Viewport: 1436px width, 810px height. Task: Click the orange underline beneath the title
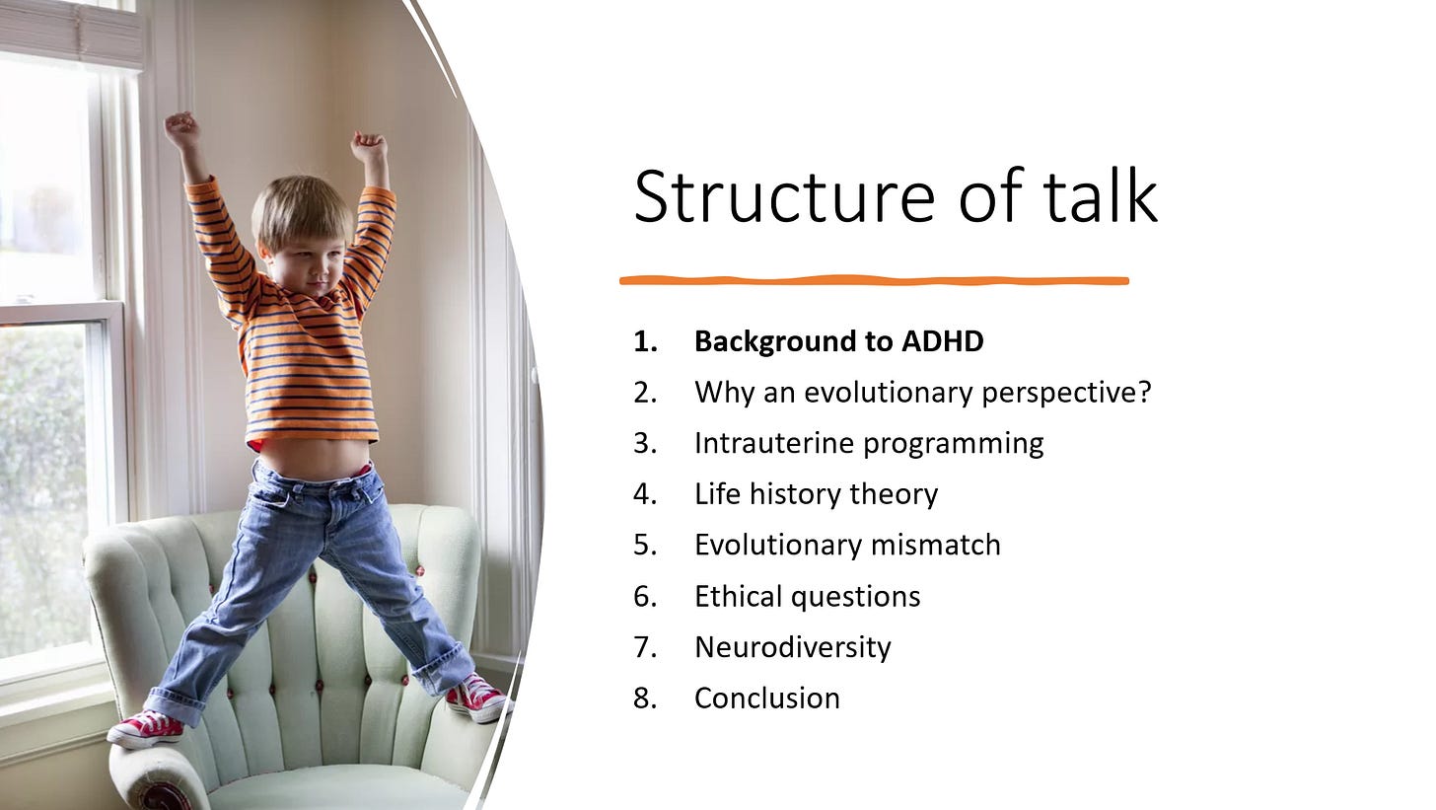[x=874, y=280]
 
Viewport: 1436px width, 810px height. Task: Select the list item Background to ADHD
[x=839, y=341]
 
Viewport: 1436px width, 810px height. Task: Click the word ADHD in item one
[x=943, y=341]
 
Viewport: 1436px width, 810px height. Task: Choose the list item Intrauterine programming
[x=869, y=444]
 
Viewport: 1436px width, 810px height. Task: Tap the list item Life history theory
[x=816, y=494]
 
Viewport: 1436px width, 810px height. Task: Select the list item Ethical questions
[x=807, y=597]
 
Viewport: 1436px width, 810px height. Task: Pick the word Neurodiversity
[x=792, y=647]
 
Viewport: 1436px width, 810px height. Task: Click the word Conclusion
[x=766, y=698]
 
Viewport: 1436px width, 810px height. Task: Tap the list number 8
[x=645, y=698]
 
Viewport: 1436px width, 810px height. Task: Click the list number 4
[x=645, y=494]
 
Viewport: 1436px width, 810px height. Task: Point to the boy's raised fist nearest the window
[x=182, y=125]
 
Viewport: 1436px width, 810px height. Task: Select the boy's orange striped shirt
[x=295, y=333]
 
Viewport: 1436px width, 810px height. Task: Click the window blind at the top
[x=71, y=33]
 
